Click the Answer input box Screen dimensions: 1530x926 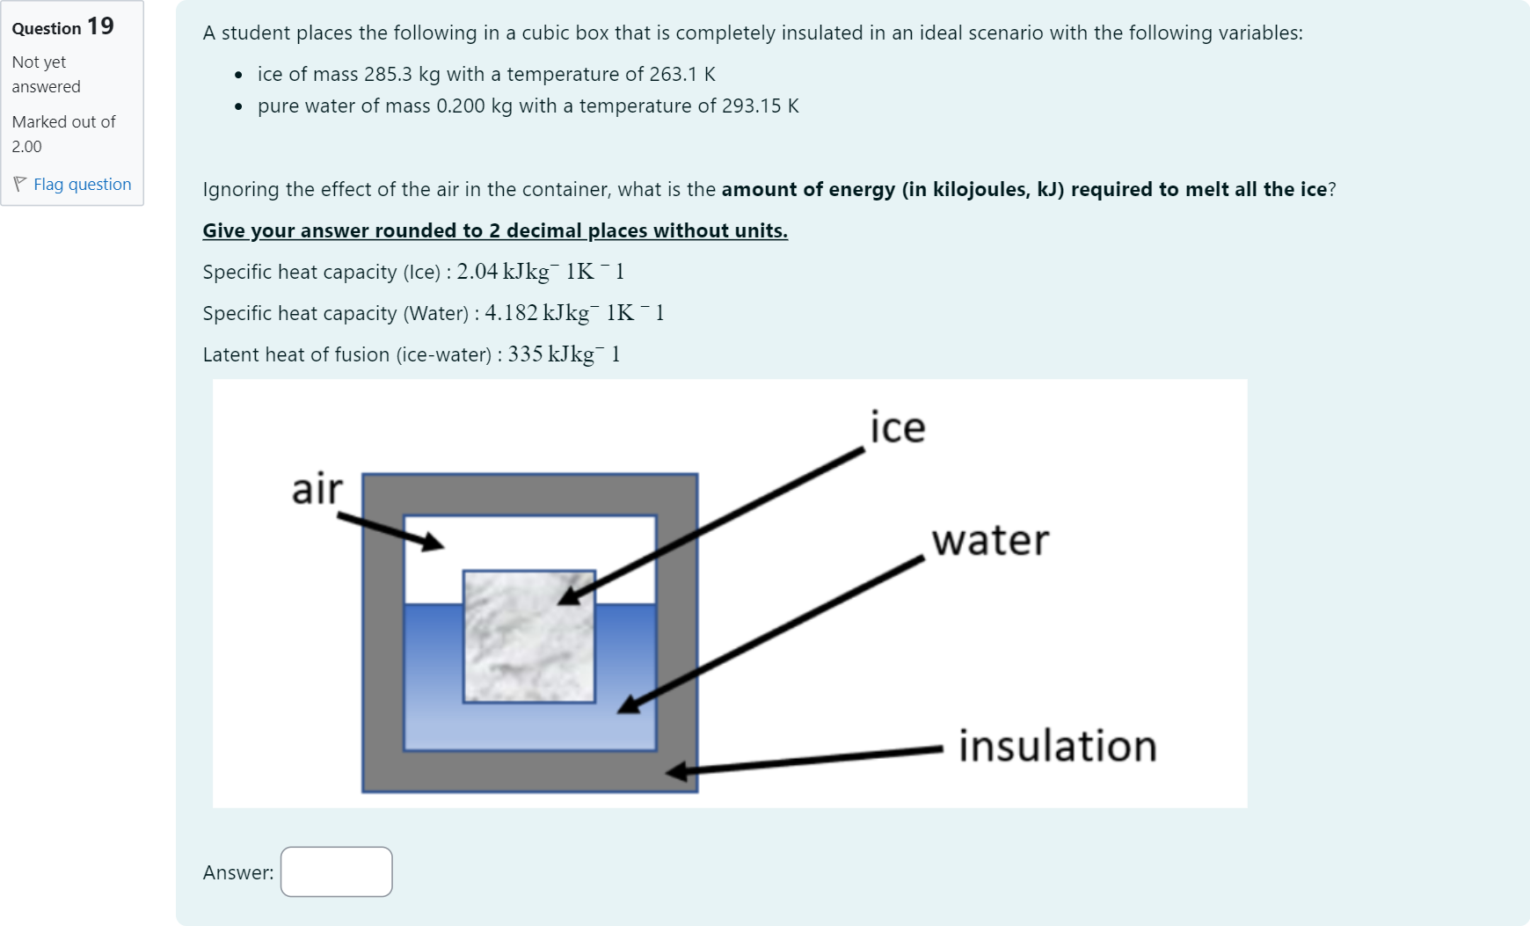pos(337,871)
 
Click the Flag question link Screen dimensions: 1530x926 pos(82,184)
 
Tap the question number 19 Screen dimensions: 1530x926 pos(100,26)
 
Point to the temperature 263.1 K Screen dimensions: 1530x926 pos(682,74)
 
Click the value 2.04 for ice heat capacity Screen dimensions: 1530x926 pos(477,272)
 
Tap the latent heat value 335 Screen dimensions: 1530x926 pos(525,354)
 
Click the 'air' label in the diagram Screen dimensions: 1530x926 pos(317,489)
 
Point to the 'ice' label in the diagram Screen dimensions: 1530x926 pos(898,427)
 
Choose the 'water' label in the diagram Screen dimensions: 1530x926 pos(991,540)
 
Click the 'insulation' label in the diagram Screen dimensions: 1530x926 pos(1058,746)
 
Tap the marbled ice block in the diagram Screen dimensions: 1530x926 pos(529,637)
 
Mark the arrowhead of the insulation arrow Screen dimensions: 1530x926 pos(677,772)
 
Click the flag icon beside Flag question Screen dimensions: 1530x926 pos(20,184)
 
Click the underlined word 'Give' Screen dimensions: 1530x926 pos(224,230)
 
